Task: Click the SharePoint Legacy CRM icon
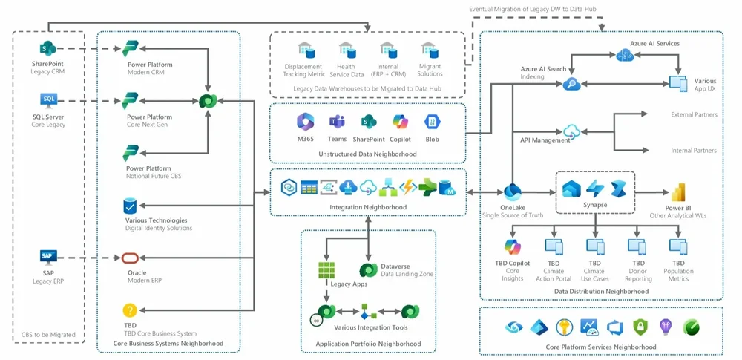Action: [x=47, y=50]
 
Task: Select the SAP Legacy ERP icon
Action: [x=47, y=257]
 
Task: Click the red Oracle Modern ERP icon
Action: [x=130, y=258]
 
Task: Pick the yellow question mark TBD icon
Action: [x=130, y=310]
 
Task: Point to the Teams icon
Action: [x=337, y=122]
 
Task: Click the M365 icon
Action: [x=305, y=122]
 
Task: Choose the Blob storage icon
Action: [x=433, y=122]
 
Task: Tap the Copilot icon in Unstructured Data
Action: [x=401, y=122]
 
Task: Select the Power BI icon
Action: [x=677, y=192]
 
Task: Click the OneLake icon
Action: [x=513, y=192]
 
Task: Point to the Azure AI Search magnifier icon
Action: [x=571, y=84]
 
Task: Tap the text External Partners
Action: [x=693, y=114]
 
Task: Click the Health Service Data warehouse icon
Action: [x=347, y=50]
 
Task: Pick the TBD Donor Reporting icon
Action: [x=637, y=246]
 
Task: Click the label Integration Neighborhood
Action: [x=369, y=207]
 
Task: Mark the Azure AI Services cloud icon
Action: [x=623, y=56]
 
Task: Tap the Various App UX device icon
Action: [x=677, y=83]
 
